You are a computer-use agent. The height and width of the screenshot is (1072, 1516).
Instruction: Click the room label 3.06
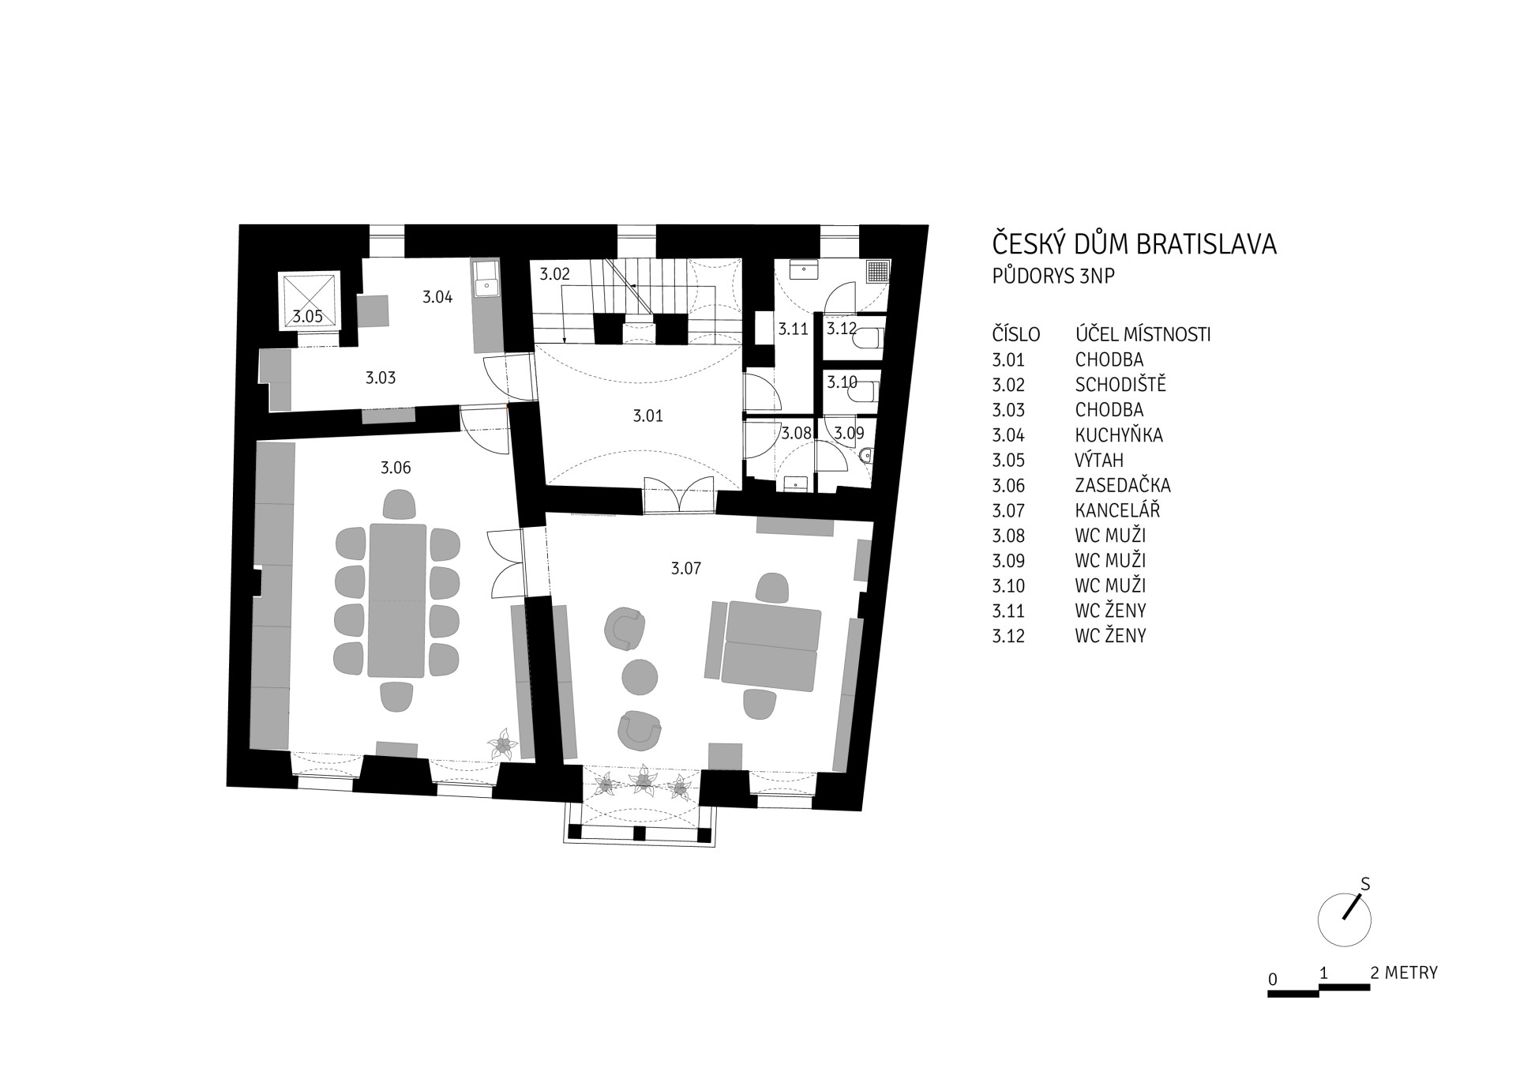click(x=396, y=468)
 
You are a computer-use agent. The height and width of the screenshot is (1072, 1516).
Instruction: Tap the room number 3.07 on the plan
click(x=685, y=568)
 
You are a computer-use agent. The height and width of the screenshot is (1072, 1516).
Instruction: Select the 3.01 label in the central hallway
click(x=647, y=416)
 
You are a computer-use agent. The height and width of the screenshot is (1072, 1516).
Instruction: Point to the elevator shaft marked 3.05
click(x=309, y=301)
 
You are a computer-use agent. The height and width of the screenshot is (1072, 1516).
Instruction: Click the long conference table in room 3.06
click(x=396, y=600)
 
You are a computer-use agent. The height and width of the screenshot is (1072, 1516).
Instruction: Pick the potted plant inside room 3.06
click(x=502, y=744)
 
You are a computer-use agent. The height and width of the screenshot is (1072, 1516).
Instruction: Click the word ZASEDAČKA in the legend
click(x=1122, y=485)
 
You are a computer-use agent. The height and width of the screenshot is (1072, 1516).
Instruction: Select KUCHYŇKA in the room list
click(x=1118, y=435)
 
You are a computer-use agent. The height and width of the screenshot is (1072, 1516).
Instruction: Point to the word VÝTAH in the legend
click(x=1098, y=460)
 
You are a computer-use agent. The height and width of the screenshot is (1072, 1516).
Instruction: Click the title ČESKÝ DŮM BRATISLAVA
click(x=1134, y=243)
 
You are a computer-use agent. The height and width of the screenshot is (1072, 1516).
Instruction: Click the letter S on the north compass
click(x=1364, y=885)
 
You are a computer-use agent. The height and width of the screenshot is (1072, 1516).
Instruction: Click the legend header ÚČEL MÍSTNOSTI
click(x=1143, y=333)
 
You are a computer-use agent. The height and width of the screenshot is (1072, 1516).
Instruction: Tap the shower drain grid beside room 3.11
click(x=878, y=272)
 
